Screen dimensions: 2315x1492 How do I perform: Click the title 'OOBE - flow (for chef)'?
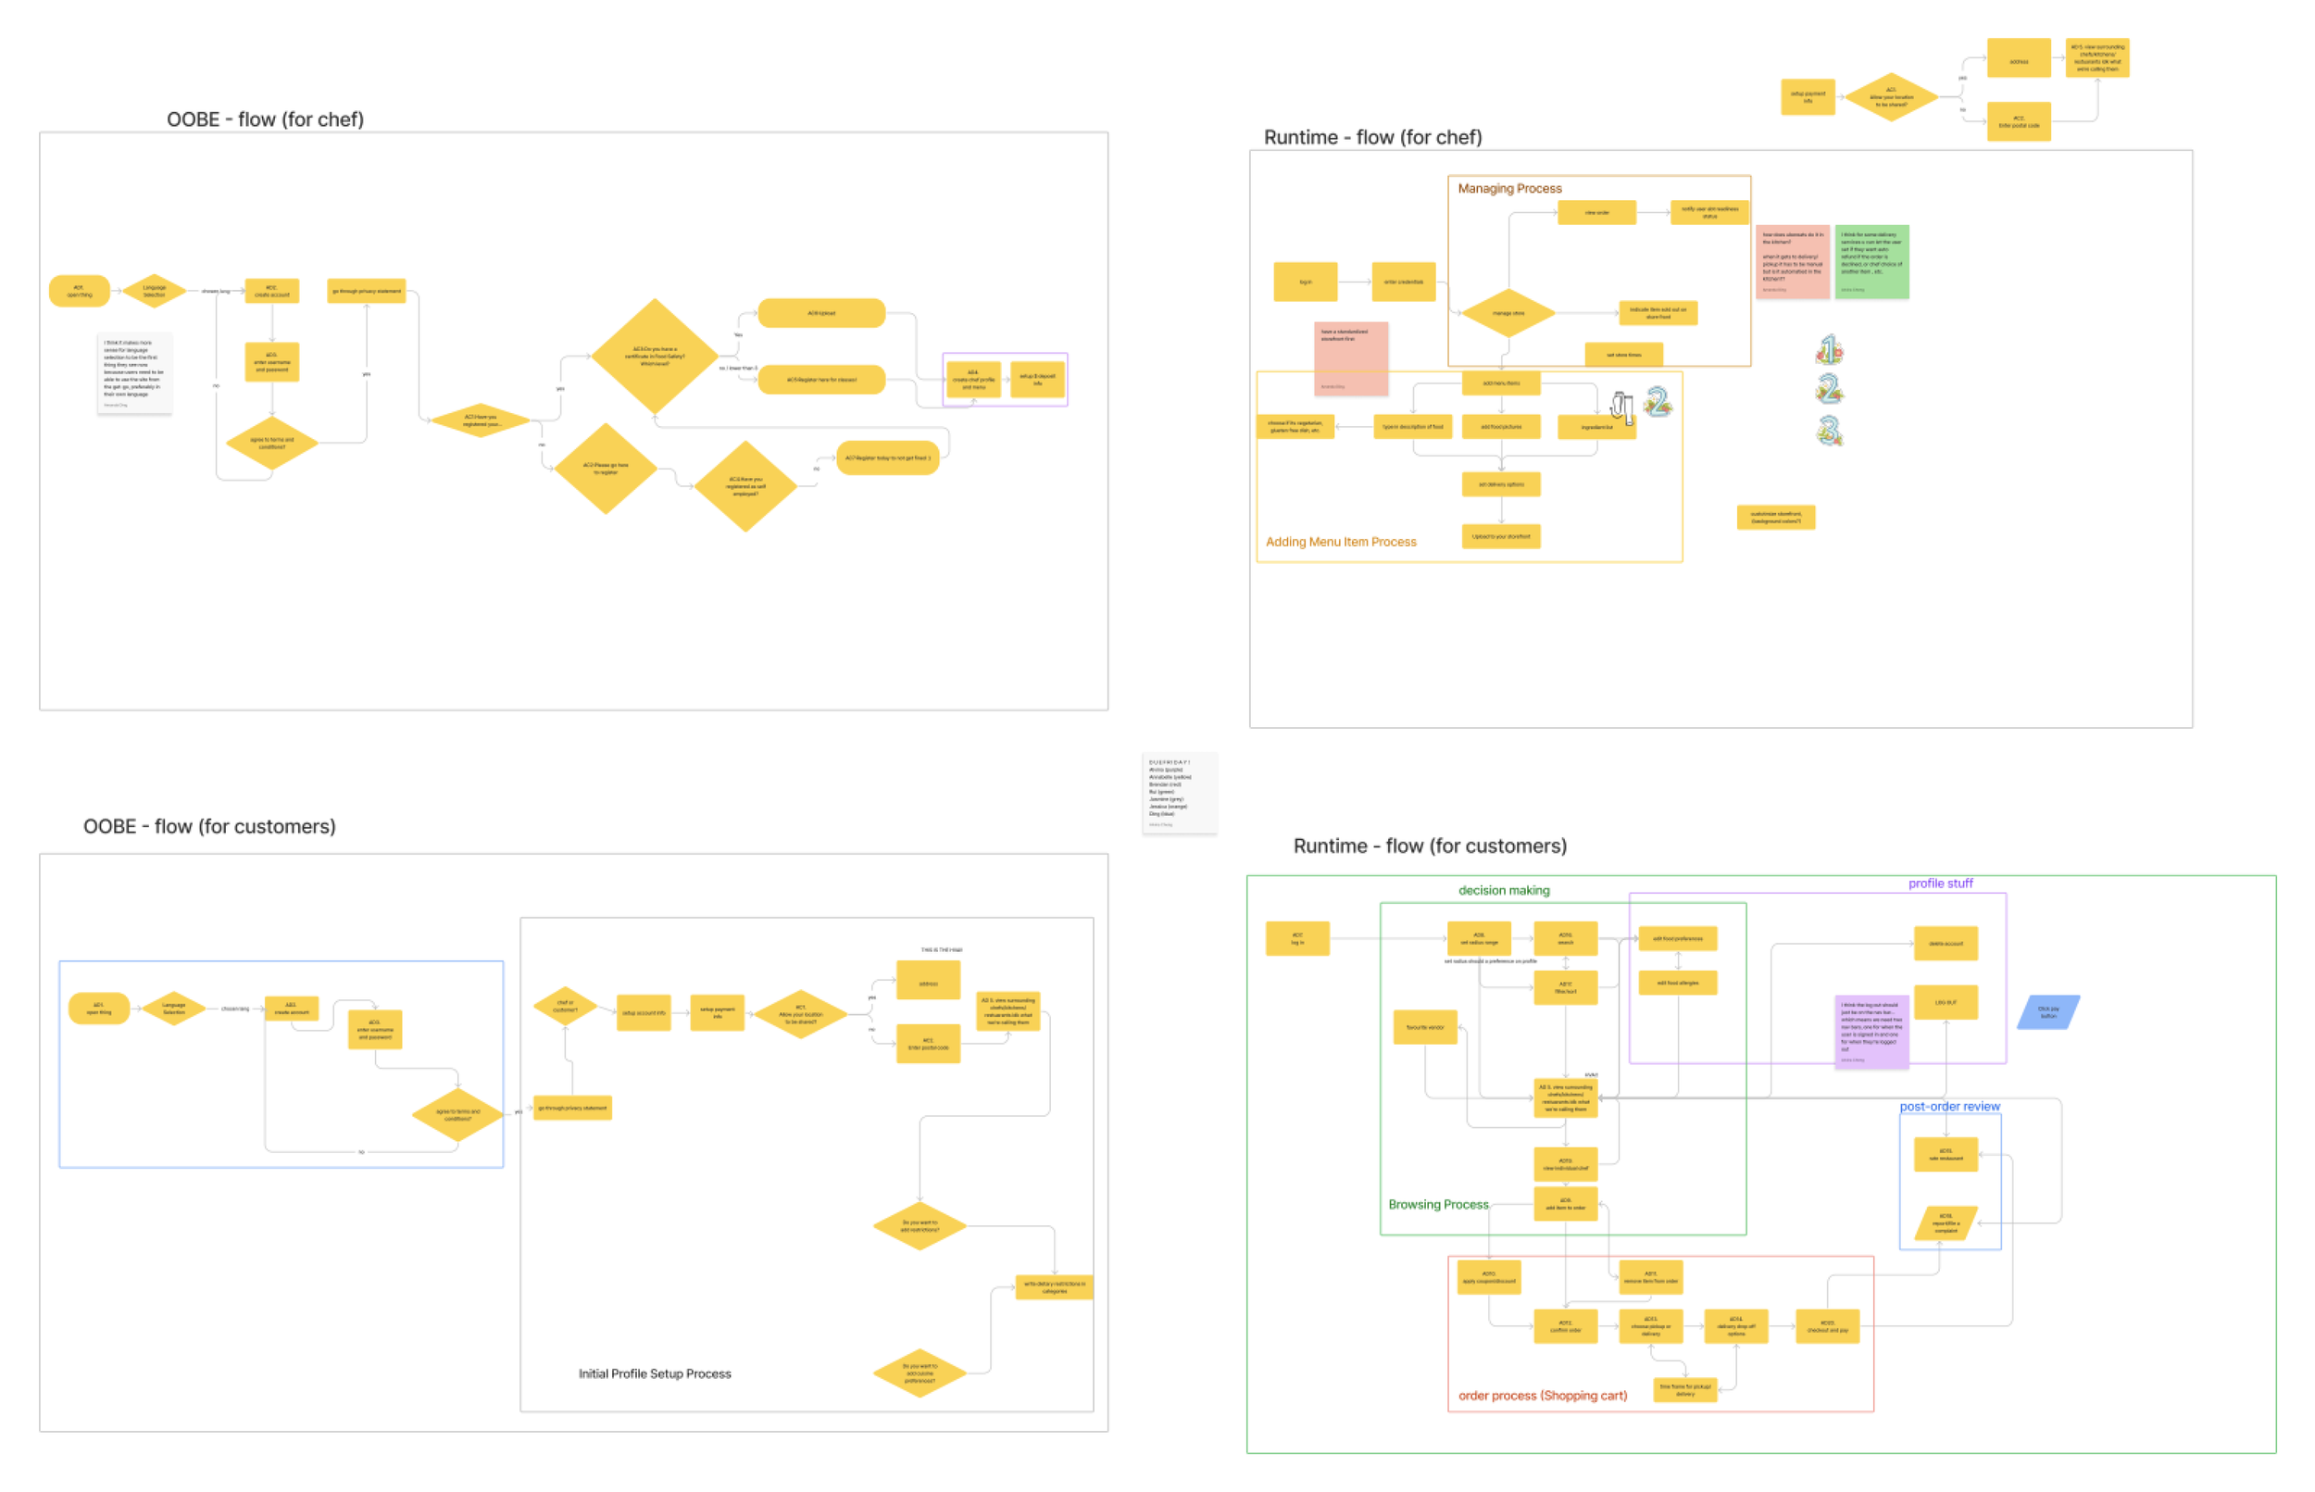coord(265,119)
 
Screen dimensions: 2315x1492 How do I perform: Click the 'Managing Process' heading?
coord(1509,189)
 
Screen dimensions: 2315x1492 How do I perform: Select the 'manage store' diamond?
coord(1508,313)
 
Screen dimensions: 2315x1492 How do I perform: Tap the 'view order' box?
coord(1596,212)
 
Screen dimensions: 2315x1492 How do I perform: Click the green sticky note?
coord(1871,261)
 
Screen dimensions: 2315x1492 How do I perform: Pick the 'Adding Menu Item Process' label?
coord(1341,542)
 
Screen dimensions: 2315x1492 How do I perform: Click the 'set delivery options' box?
coord(1500,484)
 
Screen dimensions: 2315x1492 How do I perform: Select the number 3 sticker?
coord(1829,430)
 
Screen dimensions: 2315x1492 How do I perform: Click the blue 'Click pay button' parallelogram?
coord(2047,1012)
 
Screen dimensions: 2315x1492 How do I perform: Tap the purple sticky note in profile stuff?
coord(1871,1031)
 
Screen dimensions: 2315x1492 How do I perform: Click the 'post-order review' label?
coord(1949,1107)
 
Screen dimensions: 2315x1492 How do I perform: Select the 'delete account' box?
coord(1945,944)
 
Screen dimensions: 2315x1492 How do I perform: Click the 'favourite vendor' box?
coord(1425,1027)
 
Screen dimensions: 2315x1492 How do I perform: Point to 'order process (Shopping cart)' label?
coord(1542,1396)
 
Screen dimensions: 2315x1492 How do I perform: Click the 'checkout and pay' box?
coord(1827,1326)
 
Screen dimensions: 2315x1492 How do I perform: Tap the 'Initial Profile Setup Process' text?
coord(655,1373)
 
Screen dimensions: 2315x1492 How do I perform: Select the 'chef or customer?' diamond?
coord(565,1007)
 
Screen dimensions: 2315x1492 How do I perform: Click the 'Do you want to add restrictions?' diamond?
coord(920,1225)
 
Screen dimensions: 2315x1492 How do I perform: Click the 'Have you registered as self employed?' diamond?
coord(745,486)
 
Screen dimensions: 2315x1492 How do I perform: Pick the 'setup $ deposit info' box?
coord(1037,379)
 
